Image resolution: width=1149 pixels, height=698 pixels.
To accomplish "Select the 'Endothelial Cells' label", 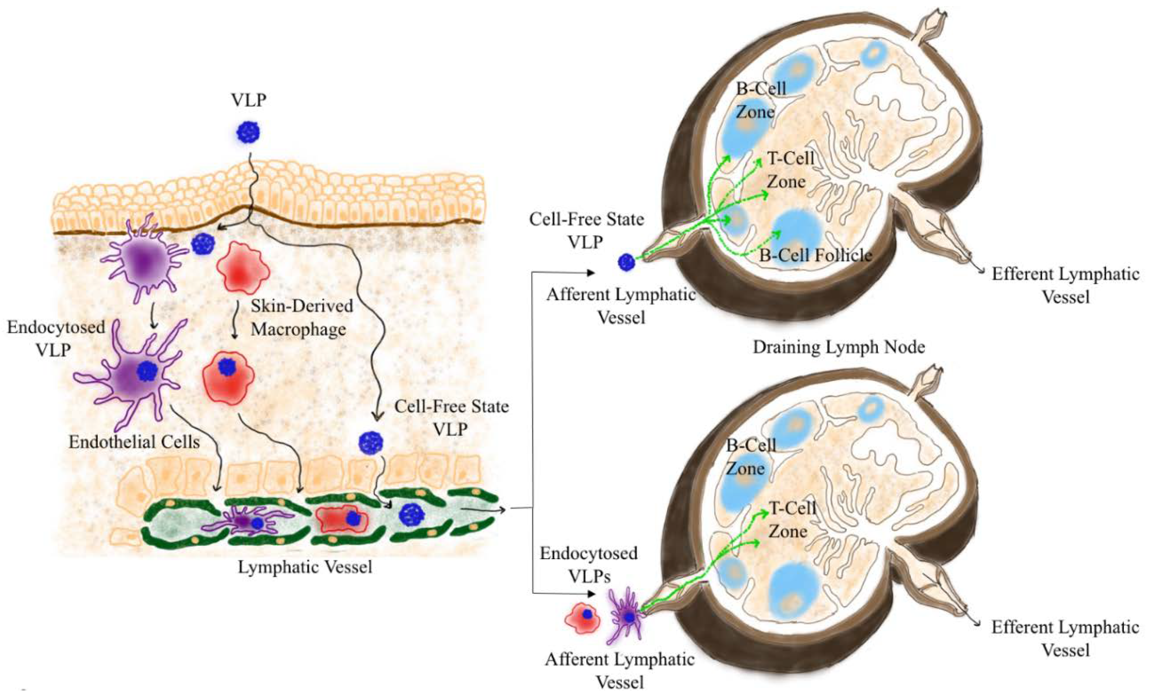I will [134, 442].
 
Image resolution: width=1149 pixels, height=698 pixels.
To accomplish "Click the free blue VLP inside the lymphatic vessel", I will [411, 515].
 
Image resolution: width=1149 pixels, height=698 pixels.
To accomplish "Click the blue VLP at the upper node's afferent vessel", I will [626, 262].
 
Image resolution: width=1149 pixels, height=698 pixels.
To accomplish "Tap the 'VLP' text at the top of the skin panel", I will [249, 100].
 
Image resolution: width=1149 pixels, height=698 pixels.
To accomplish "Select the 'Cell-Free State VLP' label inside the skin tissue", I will [452, 417].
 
